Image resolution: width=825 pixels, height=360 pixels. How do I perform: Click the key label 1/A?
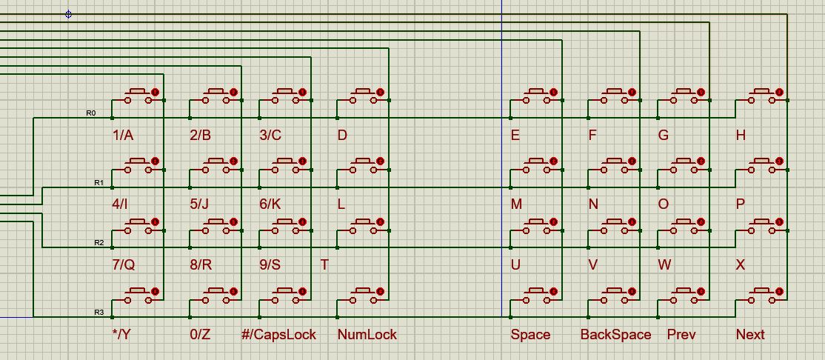[123, 135]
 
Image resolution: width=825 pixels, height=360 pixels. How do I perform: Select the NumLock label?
[367, 334]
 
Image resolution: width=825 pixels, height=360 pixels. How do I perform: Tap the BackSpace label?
[615, 334]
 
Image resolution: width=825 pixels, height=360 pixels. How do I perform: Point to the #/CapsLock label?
[279, 334]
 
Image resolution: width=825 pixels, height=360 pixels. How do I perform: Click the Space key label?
[530, 334]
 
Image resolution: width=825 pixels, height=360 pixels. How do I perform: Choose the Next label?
[749, 334]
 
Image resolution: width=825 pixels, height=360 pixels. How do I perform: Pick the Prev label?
[681, 334]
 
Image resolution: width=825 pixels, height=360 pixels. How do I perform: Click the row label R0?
[91, 113]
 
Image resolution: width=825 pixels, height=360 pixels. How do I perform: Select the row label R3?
[99, 313]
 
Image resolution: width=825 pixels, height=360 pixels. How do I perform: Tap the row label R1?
[99, 182]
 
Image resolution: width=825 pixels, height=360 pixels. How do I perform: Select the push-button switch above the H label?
[761, 97]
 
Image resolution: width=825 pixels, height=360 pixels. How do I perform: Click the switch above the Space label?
[536, 297]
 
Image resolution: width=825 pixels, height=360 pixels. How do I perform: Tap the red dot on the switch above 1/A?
[156, 92]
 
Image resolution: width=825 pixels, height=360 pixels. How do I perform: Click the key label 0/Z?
[200, 334]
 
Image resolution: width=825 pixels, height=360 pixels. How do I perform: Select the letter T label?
[324, 264]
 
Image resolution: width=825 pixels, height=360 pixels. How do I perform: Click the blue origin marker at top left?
[68, 14]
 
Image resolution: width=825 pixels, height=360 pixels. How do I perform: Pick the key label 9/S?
[270, 264]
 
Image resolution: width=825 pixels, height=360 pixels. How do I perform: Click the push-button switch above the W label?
[683, 227]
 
